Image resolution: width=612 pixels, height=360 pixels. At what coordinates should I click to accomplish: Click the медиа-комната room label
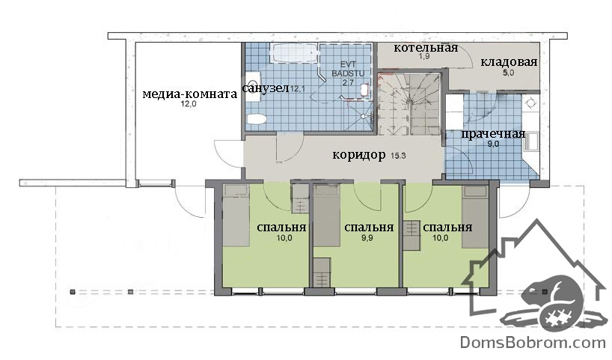pos(190,94)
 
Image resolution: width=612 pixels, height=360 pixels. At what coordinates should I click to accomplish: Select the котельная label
pos(426,48)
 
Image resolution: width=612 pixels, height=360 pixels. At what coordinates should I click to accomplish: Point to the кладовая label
pos(509,62)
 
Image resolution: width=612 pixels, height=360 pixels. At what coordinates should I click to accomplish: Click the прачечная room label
pos(493,134)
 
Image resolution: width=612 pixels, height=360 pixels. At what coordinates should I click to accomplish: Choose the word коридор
pos(358,155)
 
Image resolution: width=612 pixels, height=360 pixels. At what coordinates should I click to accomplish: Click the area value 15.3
pos(398,156)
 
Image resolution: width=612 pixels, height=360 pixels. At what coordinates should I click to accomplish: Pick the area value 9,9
pos(367,238)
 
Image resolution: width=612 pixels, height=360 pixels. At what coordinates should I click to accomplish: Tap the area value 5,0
pos(508,73)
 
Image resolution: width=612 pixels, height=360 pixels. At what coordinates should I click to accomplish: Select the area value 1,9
pos(424,57)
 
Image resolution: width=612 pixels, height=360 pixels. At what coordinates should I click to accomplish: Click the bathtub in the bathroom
pos(294,52)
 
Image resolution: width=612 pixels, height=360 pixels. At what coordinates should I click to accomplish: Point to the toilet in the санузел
pos(257,119)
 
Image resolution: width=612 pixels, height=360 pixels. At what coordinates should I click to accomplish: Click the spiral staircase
pos(408,104)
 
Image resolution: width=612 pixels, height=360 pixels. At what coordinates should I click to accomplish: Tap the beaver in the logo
pos(554,302)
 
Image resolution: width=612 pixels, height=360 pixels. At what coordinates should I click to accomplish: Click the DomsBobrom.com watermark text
pos(533,343)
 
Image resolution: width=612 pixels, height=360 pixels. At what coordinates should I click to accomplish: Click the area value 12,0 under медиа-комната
pos(188,104)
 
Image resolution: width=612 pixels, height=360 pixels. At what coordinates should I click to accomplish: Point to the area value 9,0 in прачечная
pos(493,144)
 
